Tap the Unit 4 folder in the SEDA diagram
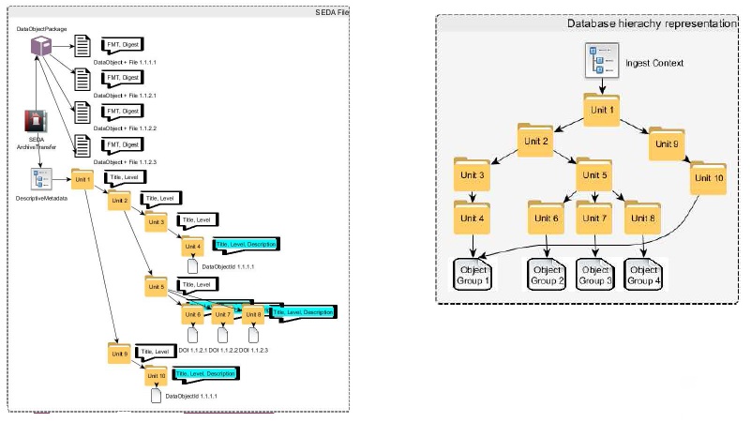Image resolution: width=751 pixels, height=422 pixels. (192, 249)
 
